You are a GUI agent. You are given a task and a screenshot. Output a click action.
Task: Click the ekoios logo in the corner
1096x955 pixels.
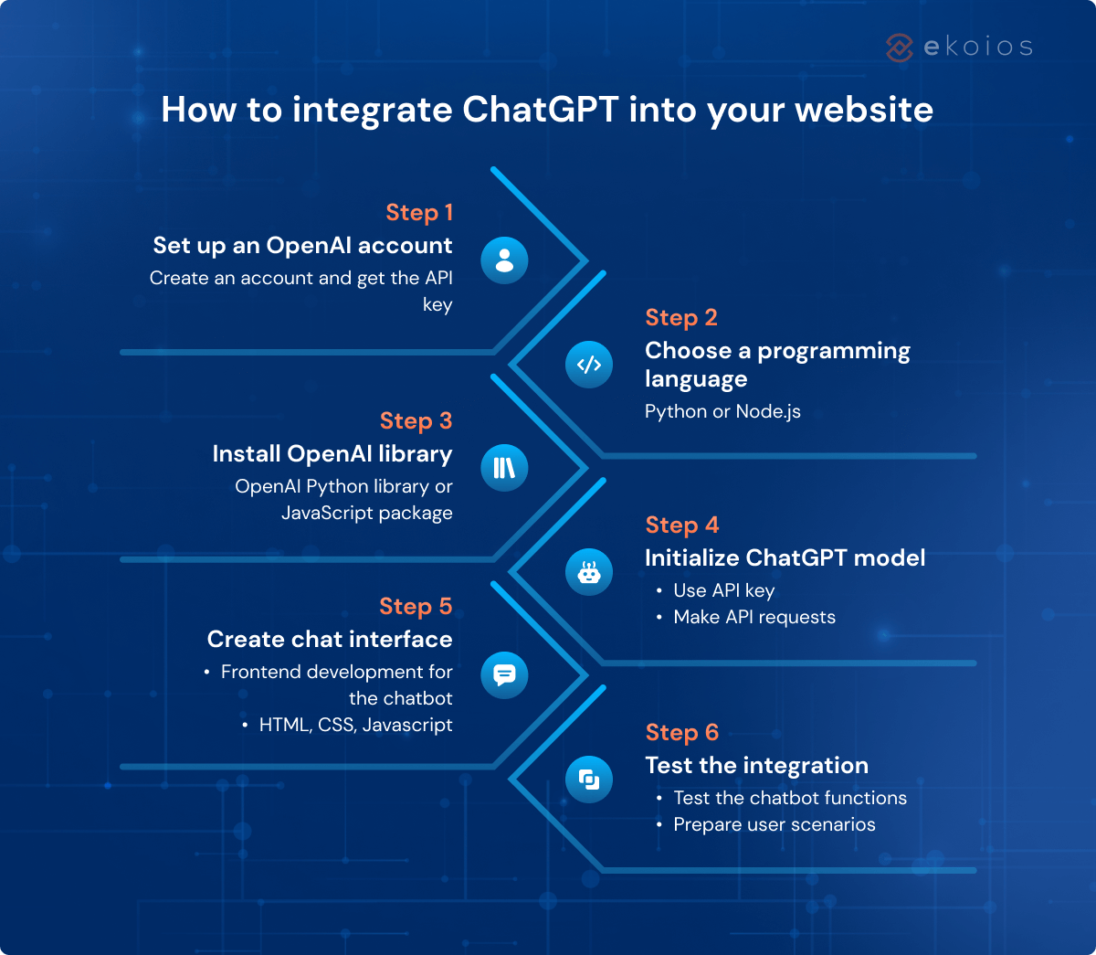[x=959, y=47]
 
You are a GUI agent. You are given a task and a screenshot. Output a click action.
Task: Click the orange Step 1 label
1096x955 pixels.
[x=419, y=213]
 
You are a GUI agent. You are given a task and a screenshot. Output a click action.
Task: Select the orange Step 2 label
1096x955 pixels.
[x=681, y=318]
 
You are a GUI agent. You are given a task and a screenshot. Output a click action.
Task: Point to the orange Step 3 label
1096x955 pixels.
[x=416, y=421]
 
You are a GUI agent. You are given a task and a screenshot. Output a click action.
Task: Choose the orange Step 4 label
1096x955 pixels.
[x=682, y=525]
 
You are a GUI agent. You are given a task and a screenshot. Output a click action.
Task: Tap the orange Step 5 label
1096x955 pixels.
[x=416, y=607]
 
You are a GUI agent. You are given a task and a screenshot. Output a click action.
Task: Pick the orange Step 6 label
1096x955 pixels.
[x=682, y=733]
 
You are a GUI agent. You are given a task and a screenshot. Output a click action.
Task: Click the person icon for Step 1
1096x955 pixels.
[x=504, y=260]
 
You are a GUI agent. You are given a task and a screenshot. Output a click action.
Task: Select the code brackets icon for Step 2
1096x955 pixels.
[x=589, y=365]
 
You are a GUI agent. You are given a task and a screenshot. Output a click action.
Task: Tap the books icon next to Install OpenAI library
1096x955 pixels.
[x=504, y=468]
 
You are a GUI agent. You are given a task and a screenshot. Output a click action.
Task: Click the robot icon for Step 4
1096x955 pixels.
[x=589, y=572]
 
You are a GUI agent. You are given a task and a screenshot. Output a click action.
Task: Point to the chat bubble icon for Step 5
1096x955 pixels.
[x=504, y=675]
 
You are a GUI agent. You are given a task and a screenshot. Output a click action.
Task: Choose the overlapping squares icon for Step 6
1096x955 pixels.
[x=589, y=780]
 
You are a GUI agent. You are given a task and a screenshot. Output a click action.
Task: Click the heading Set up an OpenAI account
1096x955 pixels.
[x=302, y=246]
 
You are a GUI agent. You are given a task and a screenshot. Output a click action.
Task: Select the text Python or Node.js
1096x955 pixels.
[x=722, y=411]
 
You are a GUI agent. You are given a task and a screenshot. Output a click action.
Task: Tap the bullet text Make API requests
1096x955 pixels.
[x=754, y=617]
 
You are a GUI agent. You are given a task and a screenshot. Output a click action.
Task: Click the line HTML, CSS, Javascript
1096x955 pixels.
[x=355, y=725]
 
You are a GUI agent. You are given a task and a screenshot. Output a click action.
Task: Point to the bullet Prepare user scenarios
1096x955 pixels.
[x=775, y=824]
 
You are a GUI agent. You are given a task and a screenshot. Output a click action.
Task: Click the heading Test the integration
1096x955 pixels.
[x=756, y=766]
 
